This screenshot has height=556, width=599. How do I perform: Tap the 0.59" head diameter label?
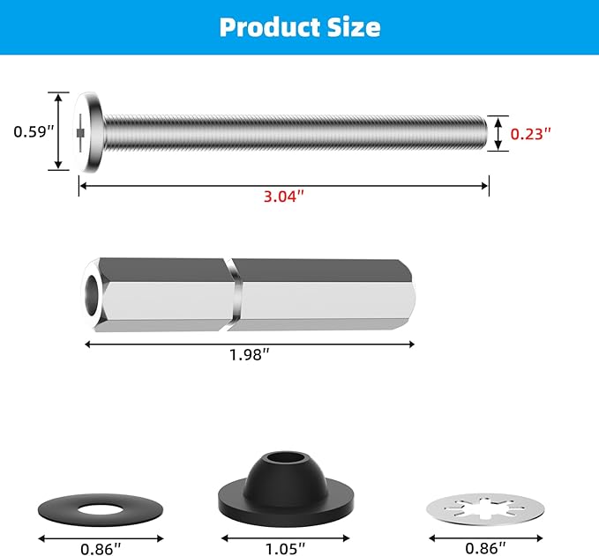[x=34, y=132]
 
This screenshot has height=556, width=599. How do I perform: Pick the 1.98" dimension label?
[x=250, y=355]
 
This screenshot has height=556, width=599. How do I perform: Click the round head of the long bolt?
[x=89, y=132]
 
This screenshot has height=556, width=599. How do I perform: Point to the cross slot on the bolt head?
[x=82, y=132]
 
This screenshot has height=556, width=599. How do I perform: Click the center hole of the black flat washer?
[x=101, y=509]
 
